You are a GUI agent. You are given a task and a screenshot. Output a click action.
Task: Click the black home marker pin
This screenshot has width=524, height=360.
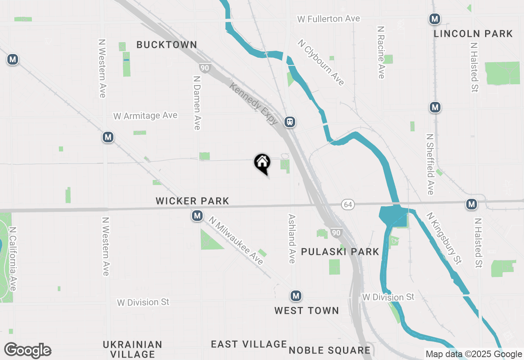coord(262,163)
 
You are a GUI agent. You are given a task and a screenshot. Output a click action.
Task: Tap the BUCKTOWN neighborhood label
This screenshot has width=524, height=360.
coord(167,45)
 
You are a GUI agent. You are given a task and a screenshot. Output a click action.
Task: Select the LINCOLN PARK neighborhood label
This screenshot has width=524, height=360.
coord(473,34)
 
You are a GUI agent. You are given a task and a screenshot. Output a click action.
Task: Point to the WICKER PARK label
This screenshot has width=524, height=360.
coord(192,201)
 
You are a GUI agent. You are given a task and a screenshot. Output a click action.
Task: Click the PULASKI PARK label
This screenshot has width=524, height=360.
coord(340,252)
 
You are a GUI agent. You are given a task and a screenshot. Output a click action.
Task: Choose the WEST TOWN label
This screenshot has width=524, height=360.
coord(307,310)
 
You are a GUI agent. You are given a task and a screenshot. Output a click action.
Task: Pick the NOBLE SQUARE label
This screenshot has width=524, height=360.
coord(330,350)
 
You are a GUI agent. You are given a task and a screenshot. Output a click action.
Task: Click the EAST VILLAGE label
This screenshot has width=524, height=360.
coord(249,344)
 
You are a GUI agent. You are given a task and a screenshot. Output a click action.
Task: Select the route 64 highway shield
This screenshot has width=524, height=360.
coord(348,204)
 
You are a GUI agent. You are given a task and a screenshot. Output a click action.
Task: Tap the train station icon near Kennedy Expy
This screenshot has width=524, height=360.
coord(290,122)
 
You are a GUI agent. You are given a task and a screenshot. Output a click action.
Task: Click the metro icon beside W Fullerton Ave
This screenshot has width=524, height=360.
coord(435,19)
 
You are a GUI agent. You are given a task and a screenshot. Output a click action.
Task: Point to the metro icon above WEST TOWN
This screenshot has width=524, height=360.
coord(296,295)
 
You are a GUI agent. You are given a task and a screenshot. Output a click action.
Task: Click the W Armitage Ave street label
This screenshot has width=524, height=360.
coord(145,116)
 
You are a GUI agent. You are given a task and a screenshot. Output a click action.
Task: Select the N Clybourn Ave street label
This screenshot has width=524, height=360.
coord(321,62)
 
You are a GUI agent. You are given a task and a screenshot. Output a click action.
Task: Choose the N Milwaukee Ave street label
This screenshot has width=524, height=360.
coord(236,241)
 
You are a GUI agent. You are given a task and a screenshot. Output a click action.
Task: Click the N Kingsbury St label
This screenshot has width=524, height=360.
coord(444,238)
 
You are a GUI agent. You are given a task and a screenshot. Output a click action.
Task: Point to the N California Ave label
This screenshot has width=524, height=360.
coord(13,259)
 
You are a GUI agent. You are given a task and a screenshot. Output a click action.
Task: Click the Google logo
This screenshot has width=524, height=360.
coord(27,350)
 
